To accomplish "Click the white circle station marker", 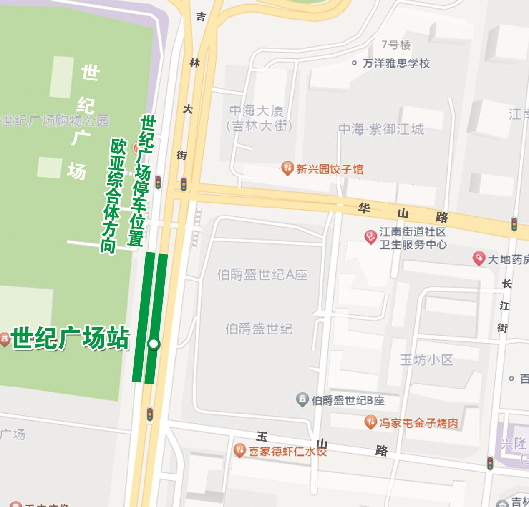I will [x=154, y=344].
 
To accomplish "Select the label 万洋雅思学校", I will [x=396, y=63].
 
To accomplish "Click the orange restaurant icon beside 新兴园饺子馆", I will [x=287, y=169].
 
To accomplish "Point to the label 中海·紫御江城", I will [x=381, y=129].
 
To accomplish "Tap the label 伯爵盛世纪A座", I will [x=262, y=275].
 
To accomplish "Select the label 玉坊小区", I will [x=426, y=360].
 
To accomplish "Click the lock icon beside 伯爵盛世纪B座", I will [x=302, y=400].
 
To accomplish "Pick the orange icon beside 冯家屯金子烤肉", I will [x=370, y=423].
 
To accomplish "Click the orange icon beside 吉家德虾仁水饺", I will [x=239, y=451].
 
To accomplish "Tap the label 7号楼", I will [x=396, y=45].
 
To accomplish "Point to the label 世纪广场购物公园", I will [x=55, y=121].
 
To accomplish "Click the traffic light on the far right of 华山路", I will [x=514, y=224].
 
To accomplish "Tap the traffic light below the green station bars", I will [x=149, y=414].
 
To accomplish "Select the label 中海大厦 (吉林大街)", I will [x=259, y=118].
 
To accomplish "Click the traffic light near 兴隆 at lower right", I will [x=490, y=463].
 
